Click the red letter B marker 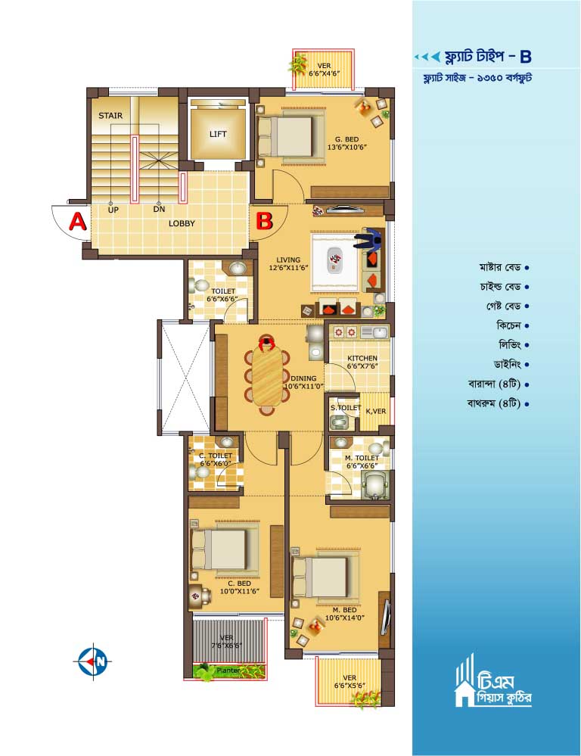click(x=264, y=221)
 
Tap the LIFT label click(x=218, y=134)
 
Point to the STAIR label click(x=110, y=116)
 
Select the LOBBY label click(x=182, y=224)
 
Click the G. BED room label click(x=347, y=139)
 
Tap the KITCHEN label click(x=362, y=358)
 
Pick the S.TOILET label click(x=345, y=408)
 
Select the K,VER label click(x=375, y=411)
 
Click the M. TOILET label click(x=362, y=458)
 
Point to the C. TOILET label click(x=216, y=456)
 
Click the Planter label click(x=228, y=670)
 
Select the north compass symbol click(x=95, y=661)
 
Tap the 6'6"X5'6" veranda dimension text click(x=350, y=685)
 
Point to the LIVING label click(x=288, y=260)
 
